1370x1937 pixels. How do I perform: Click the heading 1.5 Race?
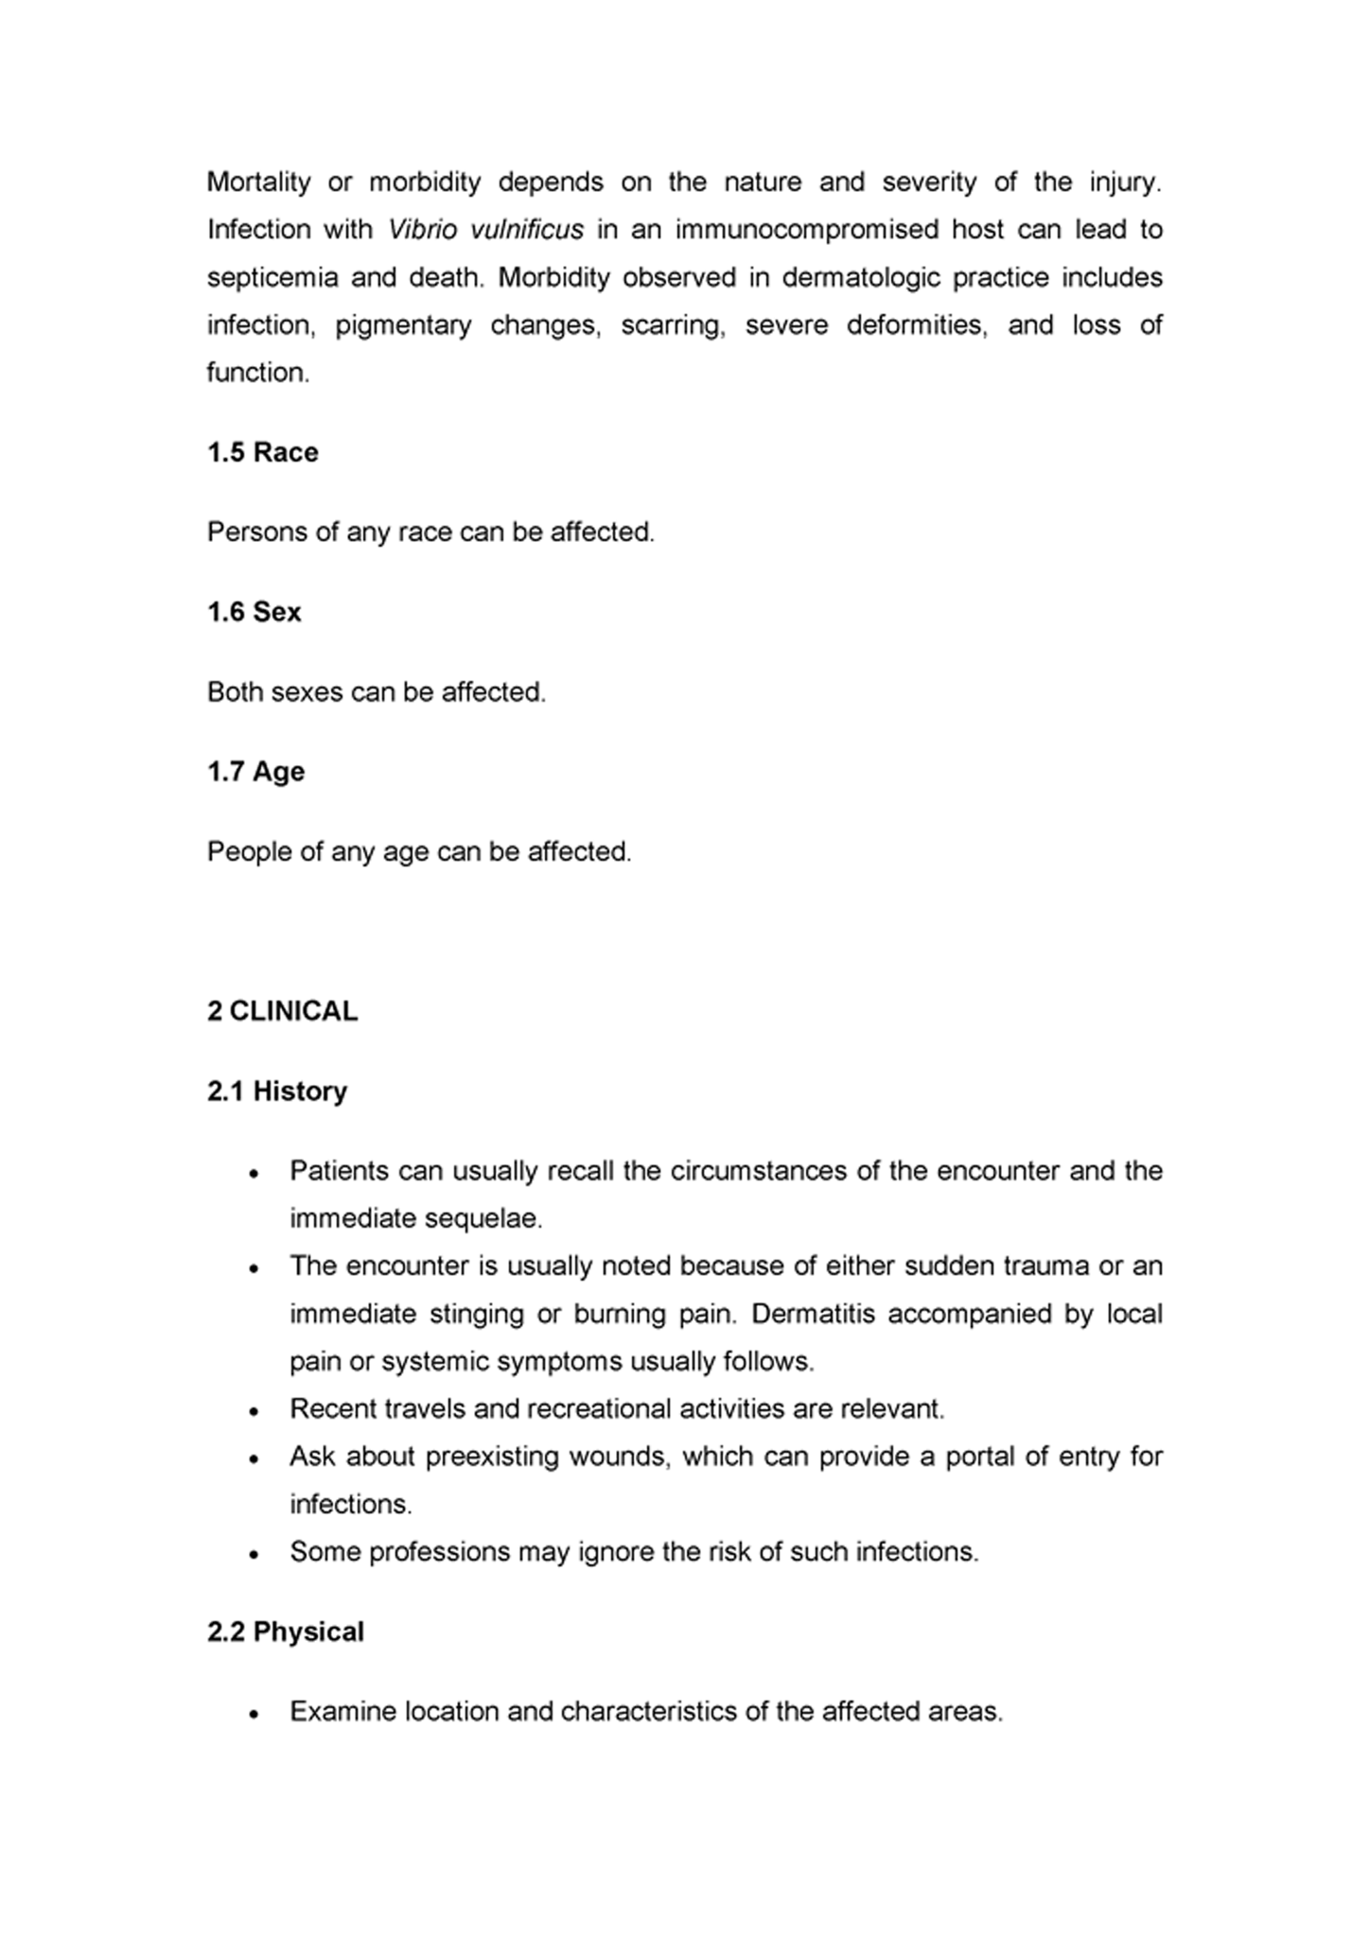pos(262,452)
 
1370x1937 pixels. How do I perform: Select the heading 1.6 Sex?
pos(254,612)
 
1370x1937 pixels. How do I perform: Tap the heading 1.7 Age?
pos(255,772)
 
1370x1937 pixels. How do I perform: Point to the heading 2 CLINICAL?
pos(282,1011)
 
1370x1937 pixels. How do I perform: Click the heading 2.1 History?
pos(276,1091)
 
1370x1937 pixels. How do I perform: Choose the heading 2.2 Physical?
pos(285,1632)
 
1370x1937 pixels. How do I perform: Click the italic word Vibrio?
pos(422,230)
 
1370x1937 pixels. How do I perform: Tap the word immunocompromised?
pos(806,230)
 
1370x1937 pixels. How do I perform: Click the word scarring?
pos(673,325)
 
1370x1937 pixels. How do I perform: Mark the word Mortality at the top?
pos(258,182)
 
